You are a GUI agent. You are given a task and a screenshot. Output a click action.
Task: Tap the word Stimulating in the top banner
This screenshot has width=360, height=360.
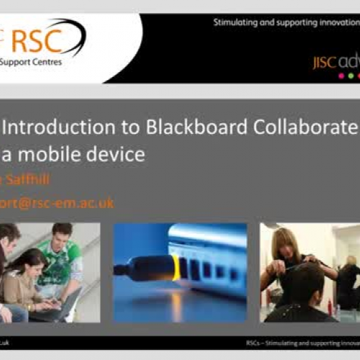coord(235,22)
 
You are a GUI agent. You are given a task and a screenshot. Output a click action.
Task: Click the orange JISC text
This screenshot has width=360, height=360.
coord(325,62)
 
